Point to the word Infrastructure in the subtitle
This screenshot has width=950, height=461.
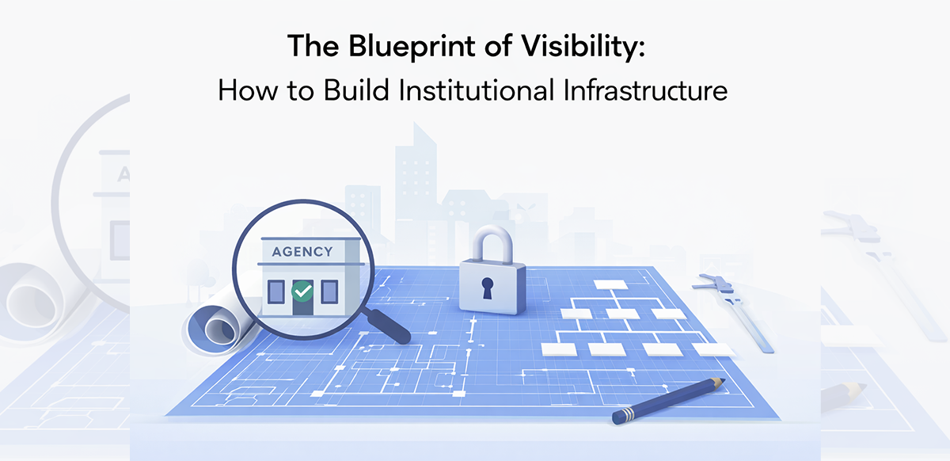647,90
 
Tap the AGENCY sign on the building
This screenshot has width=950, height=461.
302,252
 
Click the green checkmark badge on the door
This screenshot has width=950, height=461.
302,291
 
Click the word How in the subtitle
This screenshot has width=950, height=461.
241,90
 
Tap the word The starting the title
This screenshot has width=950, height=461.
312,48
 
